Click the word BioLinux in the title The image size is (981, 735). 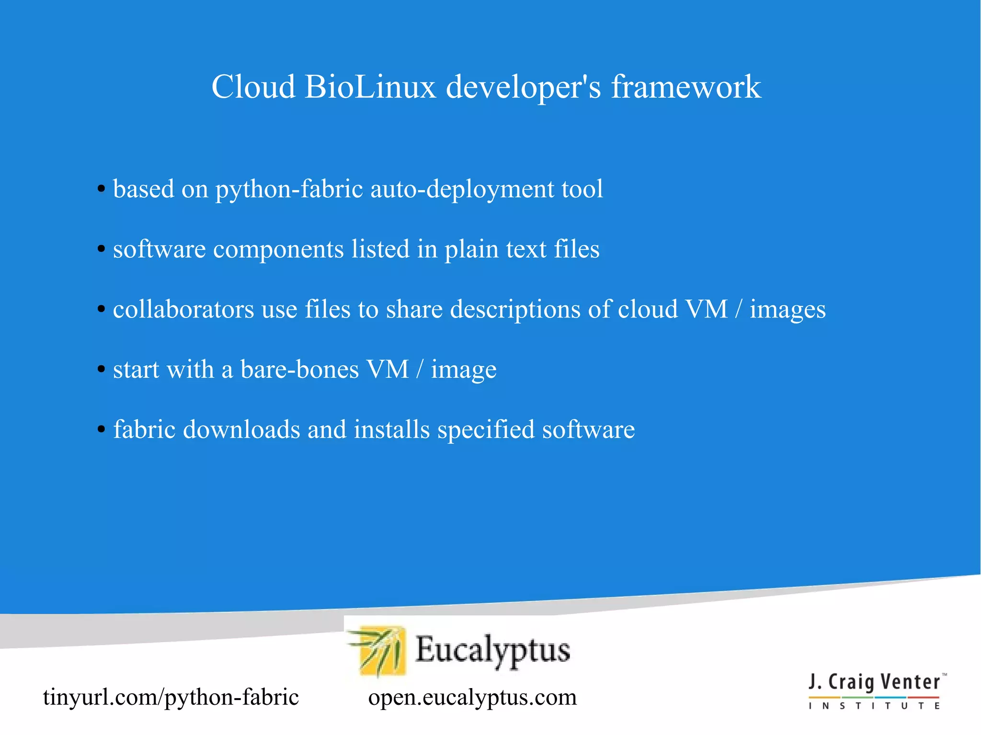[370, 87]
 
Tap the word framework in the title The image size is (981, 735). [686, 87]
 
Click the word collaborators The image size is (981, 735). [183, 309]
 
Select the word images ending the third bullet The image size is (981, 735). [787, 309]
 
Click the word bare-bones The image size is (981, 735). [299, 370]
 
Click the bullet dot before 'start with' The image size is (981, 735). [101, 370]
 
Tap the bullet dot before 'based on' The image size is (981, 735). [101, 190]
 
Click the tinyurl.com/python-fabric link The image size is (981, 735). [171, 697]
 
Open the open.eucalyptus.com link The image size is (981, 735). [472, 697]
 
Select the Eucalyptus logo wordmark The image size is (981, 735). [492, 650]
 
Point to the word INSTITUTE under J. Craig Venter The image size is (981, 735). [875, 706]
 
